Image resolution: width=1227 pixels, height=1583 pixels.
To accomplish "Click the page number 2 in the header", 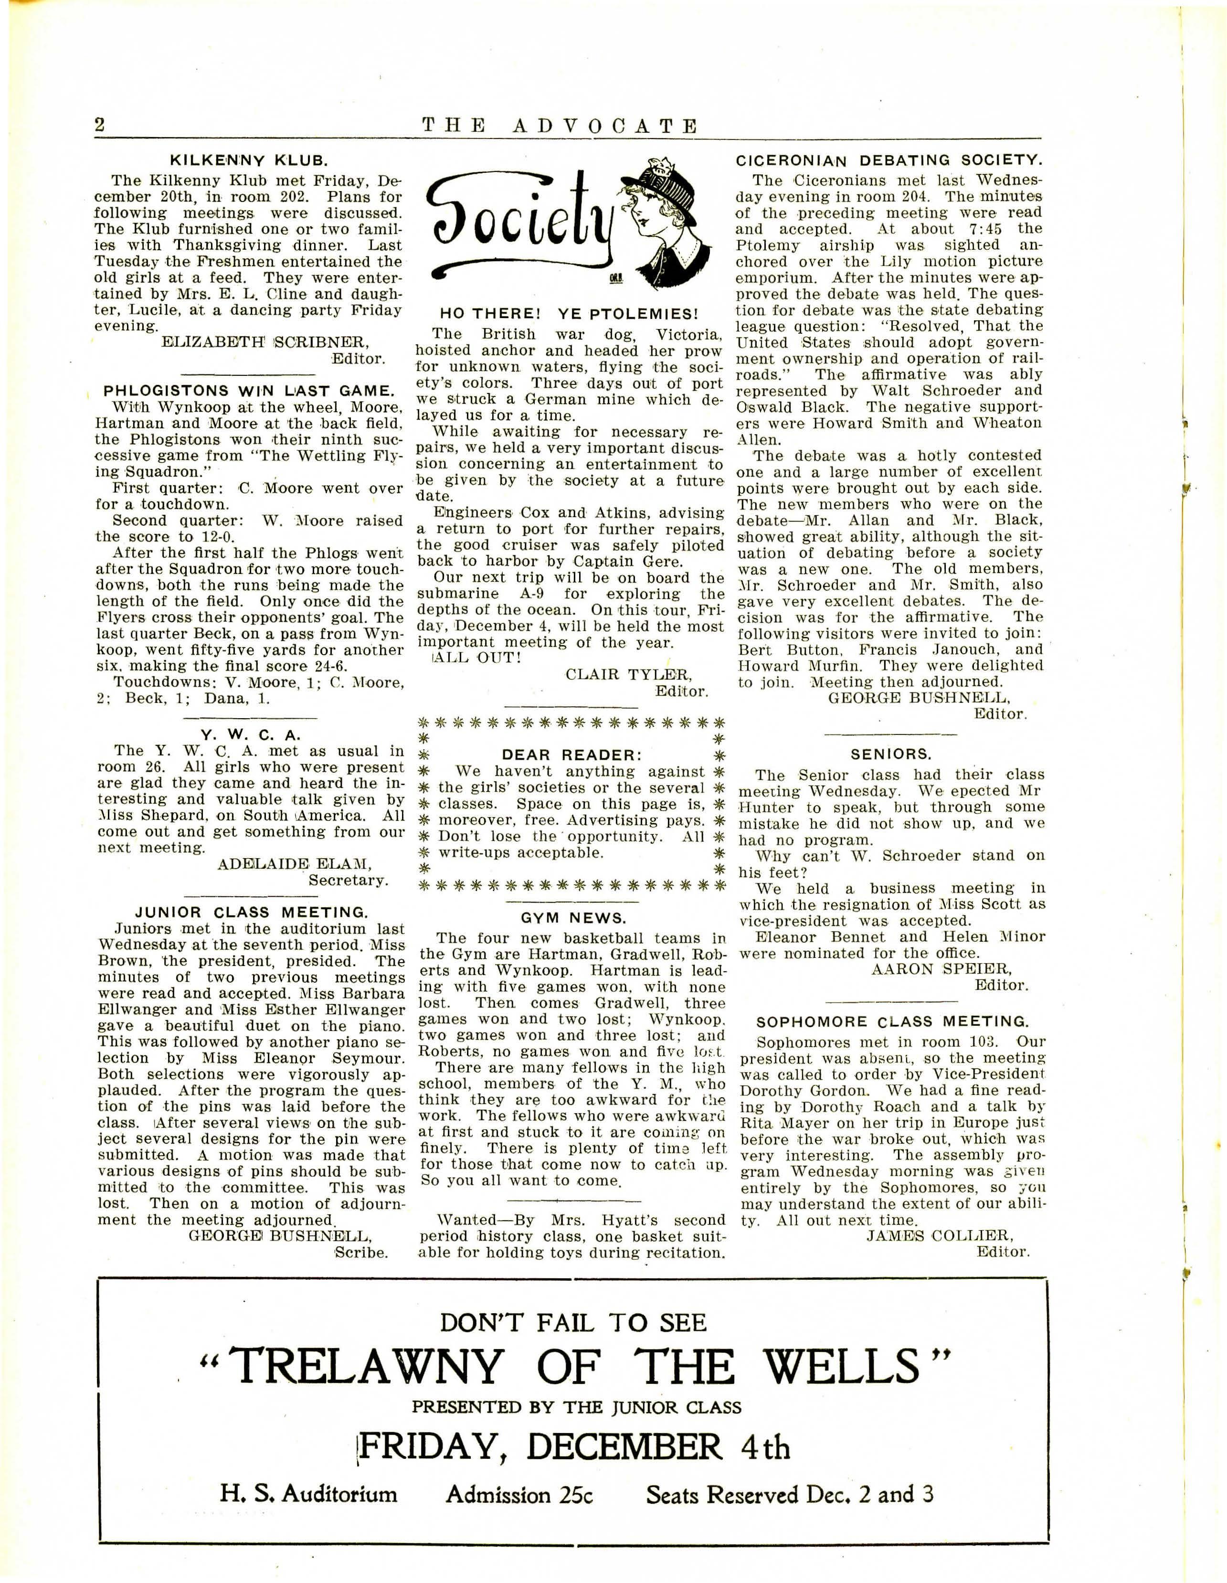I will coord(100,125).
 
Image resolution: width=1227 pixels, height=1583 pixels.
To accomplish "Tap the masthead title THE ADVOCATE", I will coord(560,126).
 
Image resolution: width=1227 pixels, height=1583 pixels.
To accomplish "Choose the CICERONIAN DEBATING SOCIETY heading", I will coord(889,160).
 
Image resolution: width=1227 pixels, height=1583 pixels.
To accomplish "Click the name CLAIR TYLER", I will coord(628,674).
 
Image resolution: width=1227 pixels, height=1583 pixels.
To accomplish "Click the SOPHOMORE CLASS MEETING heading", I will coord(891,1021).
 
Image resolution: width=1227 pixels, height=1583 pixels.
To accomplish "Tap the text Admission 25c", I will coord(519,1495).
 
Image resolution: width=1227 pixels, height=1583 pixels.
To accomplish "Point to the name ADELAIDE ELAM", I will coord(294,864).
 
